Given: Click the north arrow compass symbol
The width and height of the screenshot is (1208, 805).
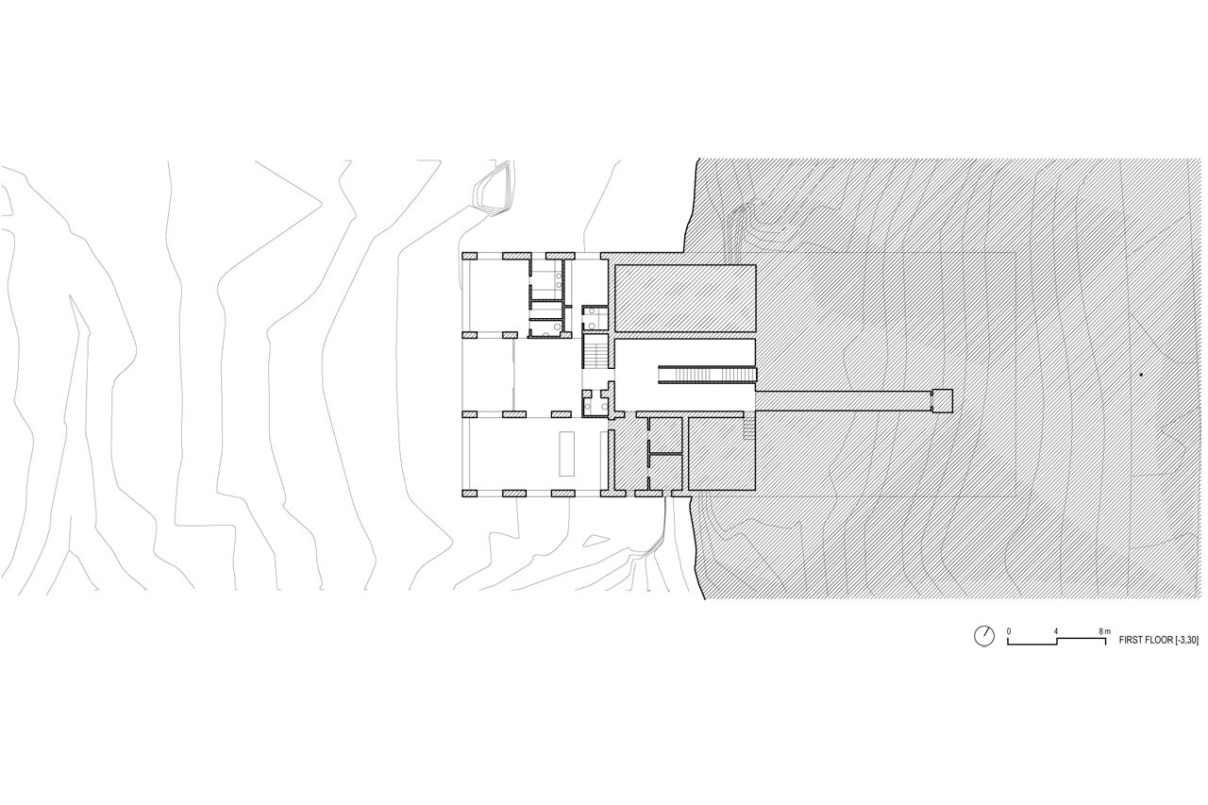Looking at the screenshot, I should coord(983,636).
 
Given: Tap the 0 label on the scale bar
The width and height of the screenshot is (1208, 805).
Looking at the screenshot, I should coord(1009,629).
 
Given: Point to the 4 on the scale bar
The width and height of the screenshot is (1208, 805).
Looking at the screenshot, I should coord(1056,629).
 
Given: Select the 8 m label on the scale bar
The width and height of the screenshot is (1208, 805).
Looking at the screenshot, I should coord(1104,629).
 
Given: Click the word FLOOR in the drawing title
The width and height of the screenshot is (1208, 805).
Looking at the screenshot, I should coord(1157,640).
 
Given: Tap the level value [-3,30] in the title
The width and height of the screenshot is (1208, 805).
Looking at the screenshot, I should coord(1185,640).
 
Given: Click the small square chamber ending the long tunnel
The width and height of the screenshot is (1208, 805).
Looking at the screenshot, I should coord(942,400).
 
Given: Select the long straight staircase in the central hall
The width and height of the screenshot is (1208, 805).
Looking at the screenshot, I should coord(707,375).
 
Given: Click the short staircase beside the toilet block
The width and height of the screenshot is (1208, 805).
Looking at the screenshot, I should coord(597,356).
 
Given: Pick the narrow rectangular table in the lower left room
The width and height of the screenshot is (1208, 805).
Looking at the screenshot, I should coord(567,455).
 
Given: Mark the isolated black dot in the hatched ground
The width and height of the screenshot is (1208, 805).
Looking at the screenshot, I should coord(1140,375).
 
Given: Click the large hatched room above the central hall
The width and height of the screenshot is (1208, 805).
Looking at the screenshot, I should coord(685,297).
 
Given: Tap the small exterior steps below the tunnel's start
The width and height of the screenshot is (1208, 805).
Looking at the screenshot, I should coord(749,430).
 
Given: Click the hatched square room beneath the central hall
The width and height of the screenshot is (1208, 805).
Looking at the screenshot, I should coord(721,453).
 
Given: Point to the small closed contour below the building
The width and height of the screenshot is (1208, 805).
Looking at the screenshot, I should coord(596,539).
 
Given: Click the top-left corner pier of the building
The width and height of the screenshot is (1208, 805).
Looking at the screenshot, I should coord(471,255).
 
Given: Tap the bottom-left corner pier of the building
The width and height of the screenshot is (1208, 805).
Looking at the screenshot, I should coord(471,493).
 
